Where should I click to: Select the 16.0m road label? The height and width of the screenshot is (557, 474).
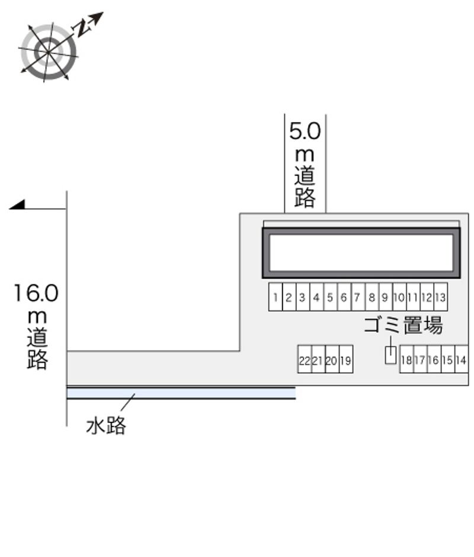pyautogui.click(x=37, y=326)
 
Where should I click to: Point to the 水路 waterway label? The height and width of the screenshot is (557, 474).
pyautogui.click(x=106, y=425)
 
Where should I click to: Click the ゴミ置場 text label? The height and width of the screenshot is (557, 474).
pyautogui.click(x=403, y=325)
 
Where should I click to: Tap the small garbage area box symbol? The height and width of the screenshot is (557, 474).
pyautogui.click(x=390, y=356)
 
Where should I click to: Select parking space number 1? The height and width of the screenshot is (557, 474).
pyautogui.click(x=275, y=297)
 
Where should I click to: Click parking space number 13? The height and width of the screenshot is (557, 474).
pyautogui.click(x=440, y=297)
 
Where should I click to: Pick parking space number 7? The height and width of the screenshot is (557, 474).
pyautogui.click(x=357, y=297)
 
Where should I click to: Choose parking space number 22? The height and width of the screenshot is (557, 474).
pyautogui.click(x=305, y=360)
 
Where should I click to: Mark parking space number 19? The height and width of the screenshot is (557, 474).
pyautogui.click(x=346, y=360)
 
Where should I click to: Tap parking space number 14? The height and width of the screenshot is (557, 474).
pyautogui.click(x=462, y=360)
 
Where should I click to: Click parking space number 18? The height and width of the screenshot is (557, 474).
pyautogui.click(x=406, y=360)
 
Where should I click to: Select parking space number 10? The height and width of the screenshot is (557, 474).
pyautogui.click(x=399, y=297)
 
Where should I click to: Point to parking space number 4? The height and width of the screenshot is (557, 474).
pyautogui.click(x=316, y=297)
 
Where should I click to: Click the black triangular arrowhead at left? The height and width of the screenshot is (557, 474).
pyautogui.click(x=18, y=204)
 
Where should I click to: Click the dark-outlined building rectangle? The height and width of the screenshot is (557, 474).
pyautogui.click(x=361, y=252)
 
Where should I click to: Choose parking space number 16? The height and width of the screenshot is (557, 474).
pyautogui.click(x=434, y=360)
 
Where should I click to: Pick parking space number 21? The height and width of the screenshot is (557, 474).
pyautogui.click(x=318, y=360)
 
